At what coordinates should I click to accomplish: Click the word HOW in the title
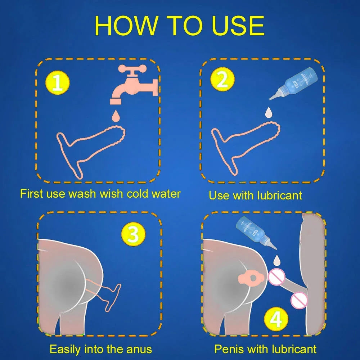tap(126, 26)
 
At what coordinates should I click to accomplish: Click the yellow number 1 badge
tap(57, 83)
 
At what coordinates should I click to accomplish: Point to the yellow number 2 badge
tap(222, 79)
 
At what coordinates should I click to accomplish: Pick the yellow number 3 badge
tap(133, 234)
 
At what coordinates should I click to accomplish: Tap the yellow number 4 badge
tap(276, 319)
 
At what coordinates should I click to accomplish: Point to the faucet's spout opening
tap(116, 102)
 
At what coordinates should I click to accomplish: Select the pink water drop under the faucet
tap(115, 116)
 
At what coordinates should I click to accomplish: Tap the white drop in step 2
tap(268, 112)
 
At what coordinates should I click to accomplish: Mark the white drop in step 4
tap(277, 260)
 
